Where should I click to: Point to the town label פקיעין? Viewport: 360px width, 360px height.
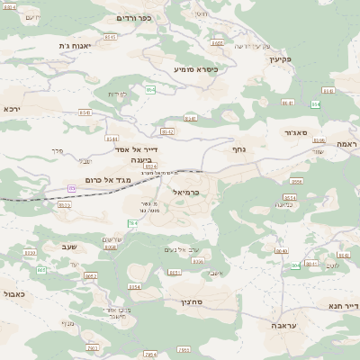tap(282, 58)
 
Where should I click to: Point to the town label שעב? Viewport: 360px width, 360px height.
tap(70, 245)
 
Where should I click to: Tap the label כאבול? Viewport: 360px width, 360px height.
tap(14, 293)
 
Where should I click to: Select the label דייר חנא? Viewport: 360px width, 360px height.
tap(344, 306)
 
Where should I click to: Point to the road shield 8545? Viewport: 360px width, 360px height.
tap(111, 37)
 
